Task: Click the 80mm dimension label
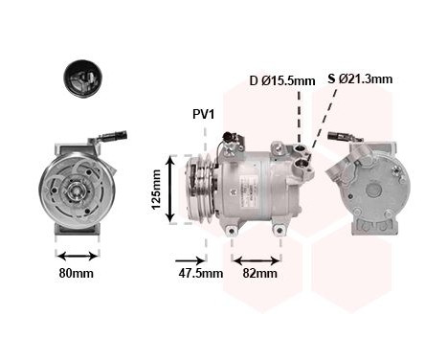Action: pyautogui.click(x=77, y=273)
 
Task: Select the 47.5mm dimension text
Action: pyautogui.click(x=200, y=273)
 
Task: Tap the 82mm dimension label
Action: pyautogui.click(x=260, y=273)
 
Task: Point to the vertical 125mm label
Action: pyautogui.click(x=156, y=190)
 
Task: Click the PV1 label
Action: pyautogui.click(x=204, y=114)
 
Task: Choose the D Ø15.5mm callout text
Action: pyautogui.click(x=282, y=80)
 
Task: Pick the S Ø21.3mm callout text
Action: pyautogui.click(x=360, y=79)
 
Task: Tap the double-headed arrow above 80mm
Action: pyautogui.click(x=78, y=256)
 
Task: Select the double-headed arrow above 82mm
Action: pyautogui.click(x=257, y=260)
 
